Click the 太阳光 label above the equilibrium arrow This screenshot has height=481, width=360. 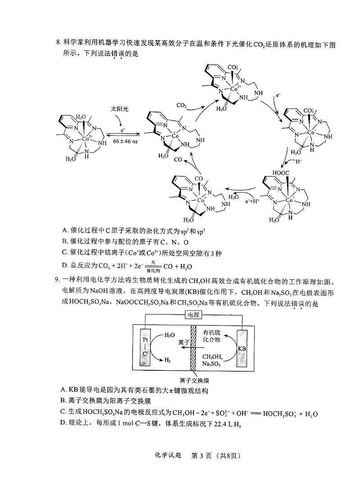pyautogui.click(x=119, y=109)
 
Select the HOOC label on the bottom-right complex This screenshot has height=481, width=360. pyautogui.click(x=280, y=173)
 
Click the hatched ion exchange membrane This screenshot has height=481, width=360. pyautogui.click(x=193, y=348)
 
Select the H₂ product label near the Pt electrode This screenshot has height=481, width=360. pyautogui.click(x=167, y=360)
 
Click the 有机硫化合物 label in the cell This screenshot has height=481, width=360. pyautogui.click(x=211, y=336)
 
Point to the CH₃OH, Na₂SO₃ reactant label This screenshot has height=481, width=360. pyautogui.click(x=212, y=360)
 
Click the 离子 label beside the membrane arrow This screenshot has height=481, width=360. pyautogui.click(x=184, y=343)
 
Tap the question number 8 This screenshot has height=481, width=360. pyautogui.click(x=58, y=45)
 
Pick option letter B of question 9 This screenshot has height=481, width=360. pyautogui.click(x=63, y=400)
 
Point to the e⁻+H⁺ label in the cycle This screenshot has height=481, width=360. pyautogui.click(x=252, y=201)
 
